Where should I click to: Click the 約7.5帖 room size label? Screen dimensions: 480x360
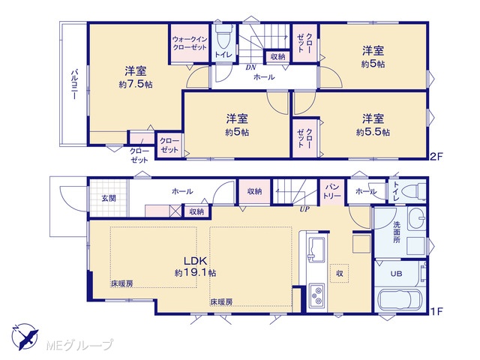click(x=136, y=85)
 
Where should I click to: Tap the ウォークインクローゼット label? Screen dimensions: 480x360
click(x=190, y=43)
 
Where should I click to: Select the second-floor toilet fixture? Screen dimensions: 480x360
click(x=223, y=36)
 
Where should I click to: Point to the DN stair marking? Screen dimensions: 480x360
click(x=250, y=67)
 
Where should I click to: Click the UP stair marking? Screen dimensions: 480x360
click(x=304, y=209)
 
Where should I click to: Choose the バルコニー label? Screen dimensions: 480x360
click(x=73, y=85)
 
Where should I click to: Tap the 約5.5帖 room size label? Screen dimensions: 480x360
click(x=373, y=132)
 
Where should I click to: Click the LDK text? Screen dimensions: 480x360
click(x=195, y=261)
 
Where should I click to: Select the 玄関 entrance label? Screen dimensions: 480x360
click(x=109, y=198)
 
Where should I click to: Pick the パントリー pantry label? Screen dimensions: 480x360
click(x=332, y=191)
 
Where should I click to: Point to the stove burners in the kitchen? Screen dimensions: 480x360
click(x=316, y=295)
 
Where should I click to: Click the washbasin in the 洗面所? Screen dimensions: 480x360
click(x=417, y=218)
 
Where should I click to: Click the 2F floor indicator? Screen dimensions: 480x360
click(x=436, y=157)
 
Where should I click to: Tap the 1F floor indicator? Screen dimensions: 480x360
click(x=437, y=311)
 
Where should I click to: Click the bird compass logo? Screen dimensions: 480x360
click(x=25, y=337)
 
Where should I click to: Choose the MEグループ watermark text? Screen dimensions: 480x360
click(x=79, y=345)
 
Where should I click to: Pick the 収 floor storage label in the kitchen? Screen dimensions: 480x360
click(x=340, y=273)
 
